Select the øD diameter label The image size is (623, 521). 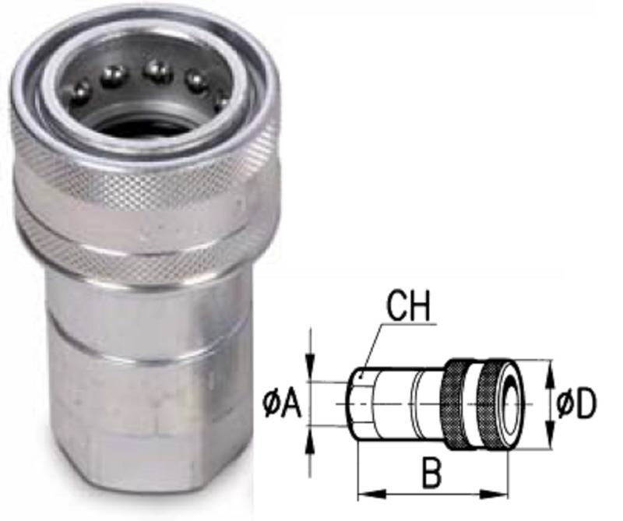[576, 405]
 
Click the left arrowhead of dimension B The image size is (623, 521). [364, 493]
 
